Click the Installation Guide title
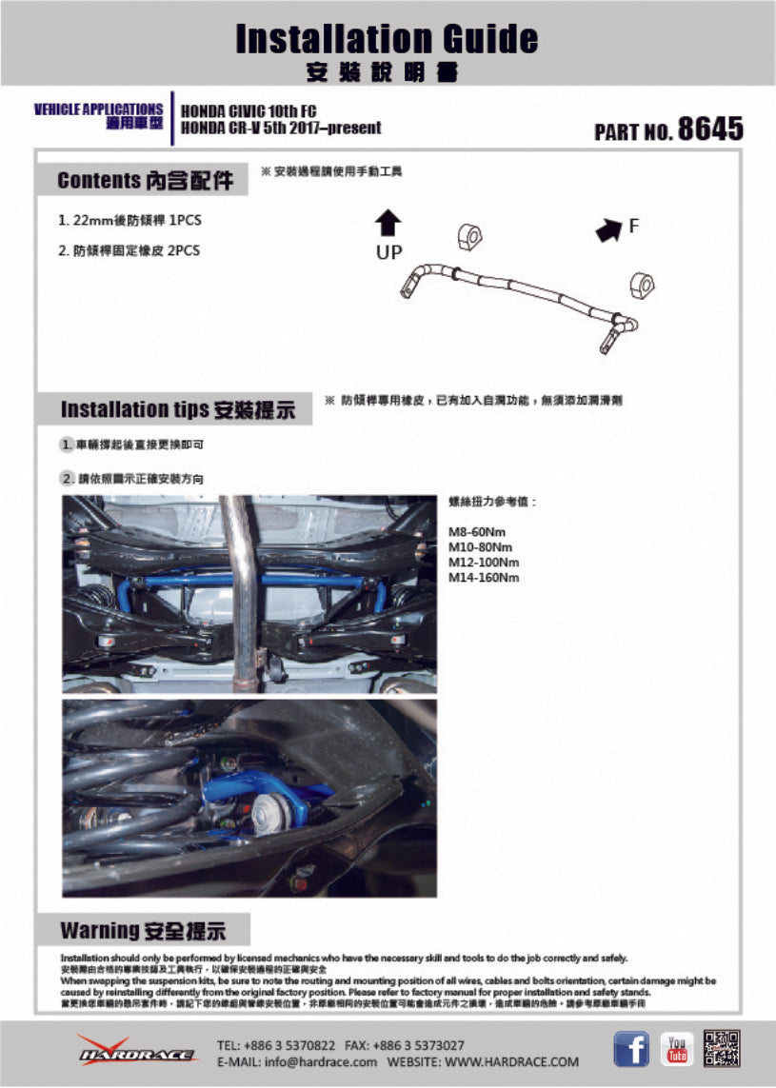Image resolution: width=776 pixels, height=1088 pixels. pos(387,39)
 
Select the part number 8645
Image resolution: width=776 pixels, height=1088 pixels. pos(709,129)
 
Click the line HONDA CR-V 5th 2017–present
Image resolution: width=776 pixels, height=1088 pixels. pos(281,128)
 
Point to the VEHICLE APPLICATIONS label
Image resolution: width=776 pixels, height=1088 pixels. pos(98,109)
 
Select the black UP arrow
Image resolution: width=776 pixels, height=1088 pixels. pos(388,224)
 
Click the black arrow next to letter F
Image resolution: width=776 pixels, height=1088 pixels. pos(606,230)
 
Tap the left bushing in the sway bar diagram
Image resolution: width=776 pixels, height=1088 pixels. pos(470,238)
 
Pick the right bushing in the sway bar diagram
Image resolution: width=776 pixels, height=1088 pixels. pos(644,284)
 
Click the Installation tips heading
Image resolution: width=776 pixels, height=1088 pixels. pos(177,409)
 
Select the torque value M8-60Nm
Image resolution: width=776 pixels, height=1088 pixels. pos(479,533)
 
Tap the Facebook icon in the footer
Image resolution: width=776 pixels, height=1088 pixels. pos(630,1049)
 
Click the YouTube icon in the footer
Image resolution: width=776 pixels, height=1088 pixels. pos(677,1049)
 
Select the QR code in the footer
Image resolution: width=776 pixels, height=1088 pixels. pos(722,1049)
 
